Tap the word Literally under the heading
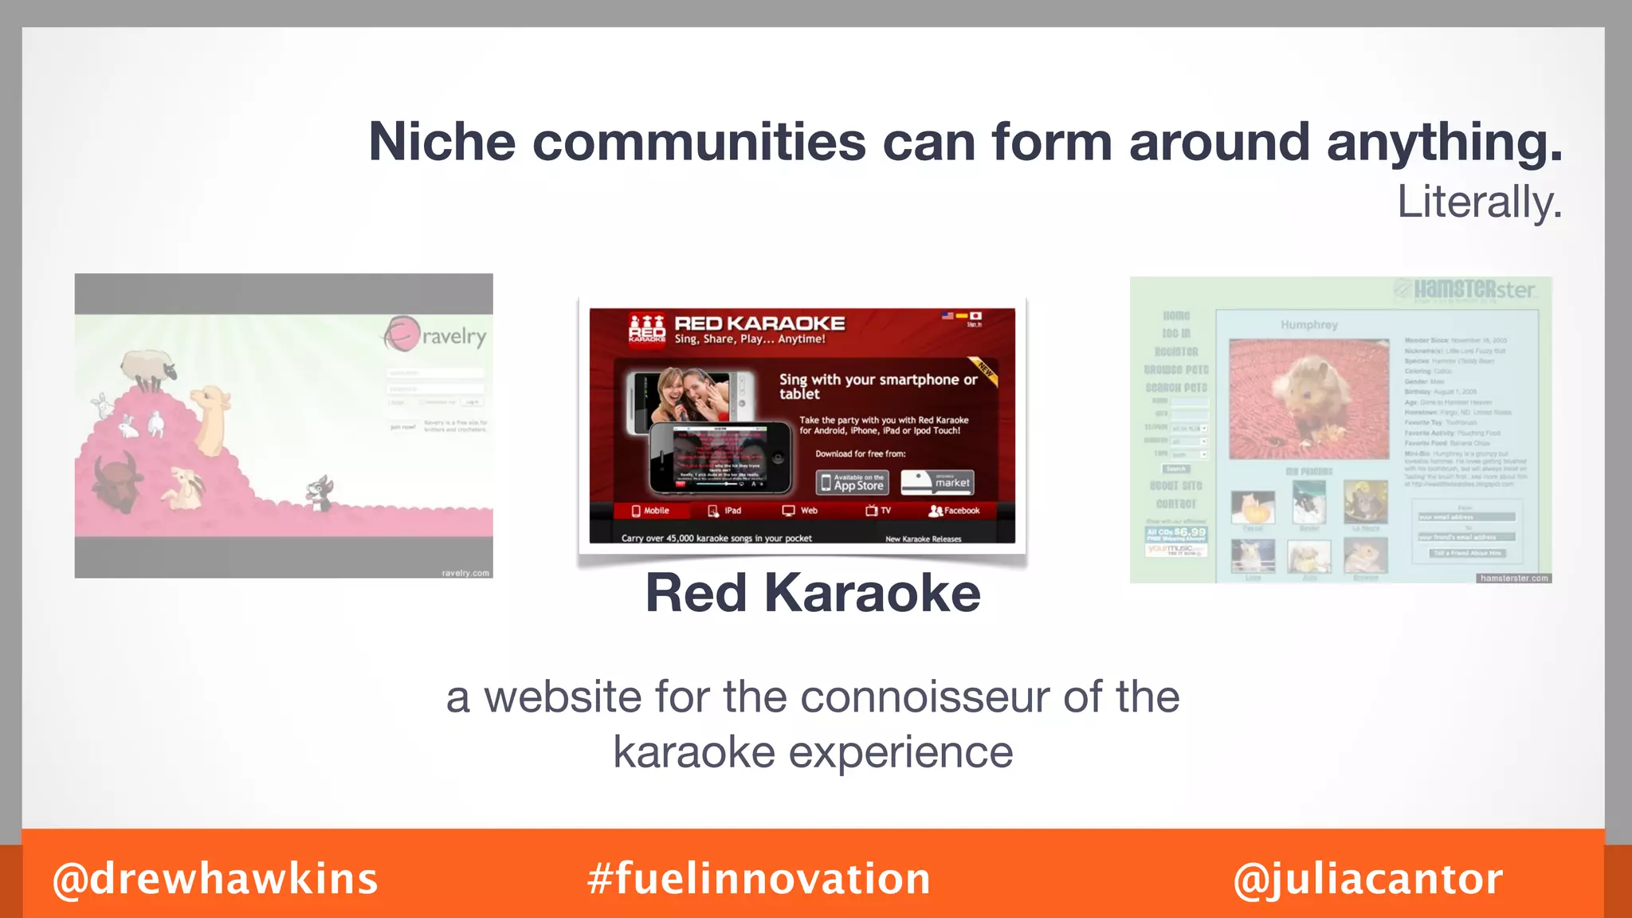pyautogui.click(x=1479, y=202)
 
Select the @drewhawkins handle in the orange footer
pyautogui.click(x=215, y=879)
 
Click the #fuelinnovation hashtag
pyautogui.click(x=759, y=879)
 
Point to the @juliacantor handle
pyautogui.click(x=1367, y=879)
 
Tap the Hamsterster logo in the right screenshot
pyautogui.click(x=1465, y=289)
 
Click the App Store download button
pyautogui.click(x=852, y=482)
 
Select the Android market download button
pyautogui.click(x=937, y=482)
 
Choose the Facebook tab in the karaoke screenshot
pyautogui.click(x=955, y=511)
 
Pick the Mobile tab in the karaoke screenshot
pyautogui.click(x=650, y=511)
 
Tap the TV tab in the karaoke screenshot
pyautogui.click(x=878, y=511)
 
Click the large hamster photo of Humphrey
pyautogui.click(x=1308, y=398)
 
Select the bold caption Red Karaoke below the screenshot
pyautogui.click(x=813, y=593)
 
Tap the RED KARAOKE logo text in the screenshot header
pyautogui.click(x=759, y=324)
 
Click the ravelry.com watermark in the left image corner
pyautogui.click(x=465, y=573)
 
